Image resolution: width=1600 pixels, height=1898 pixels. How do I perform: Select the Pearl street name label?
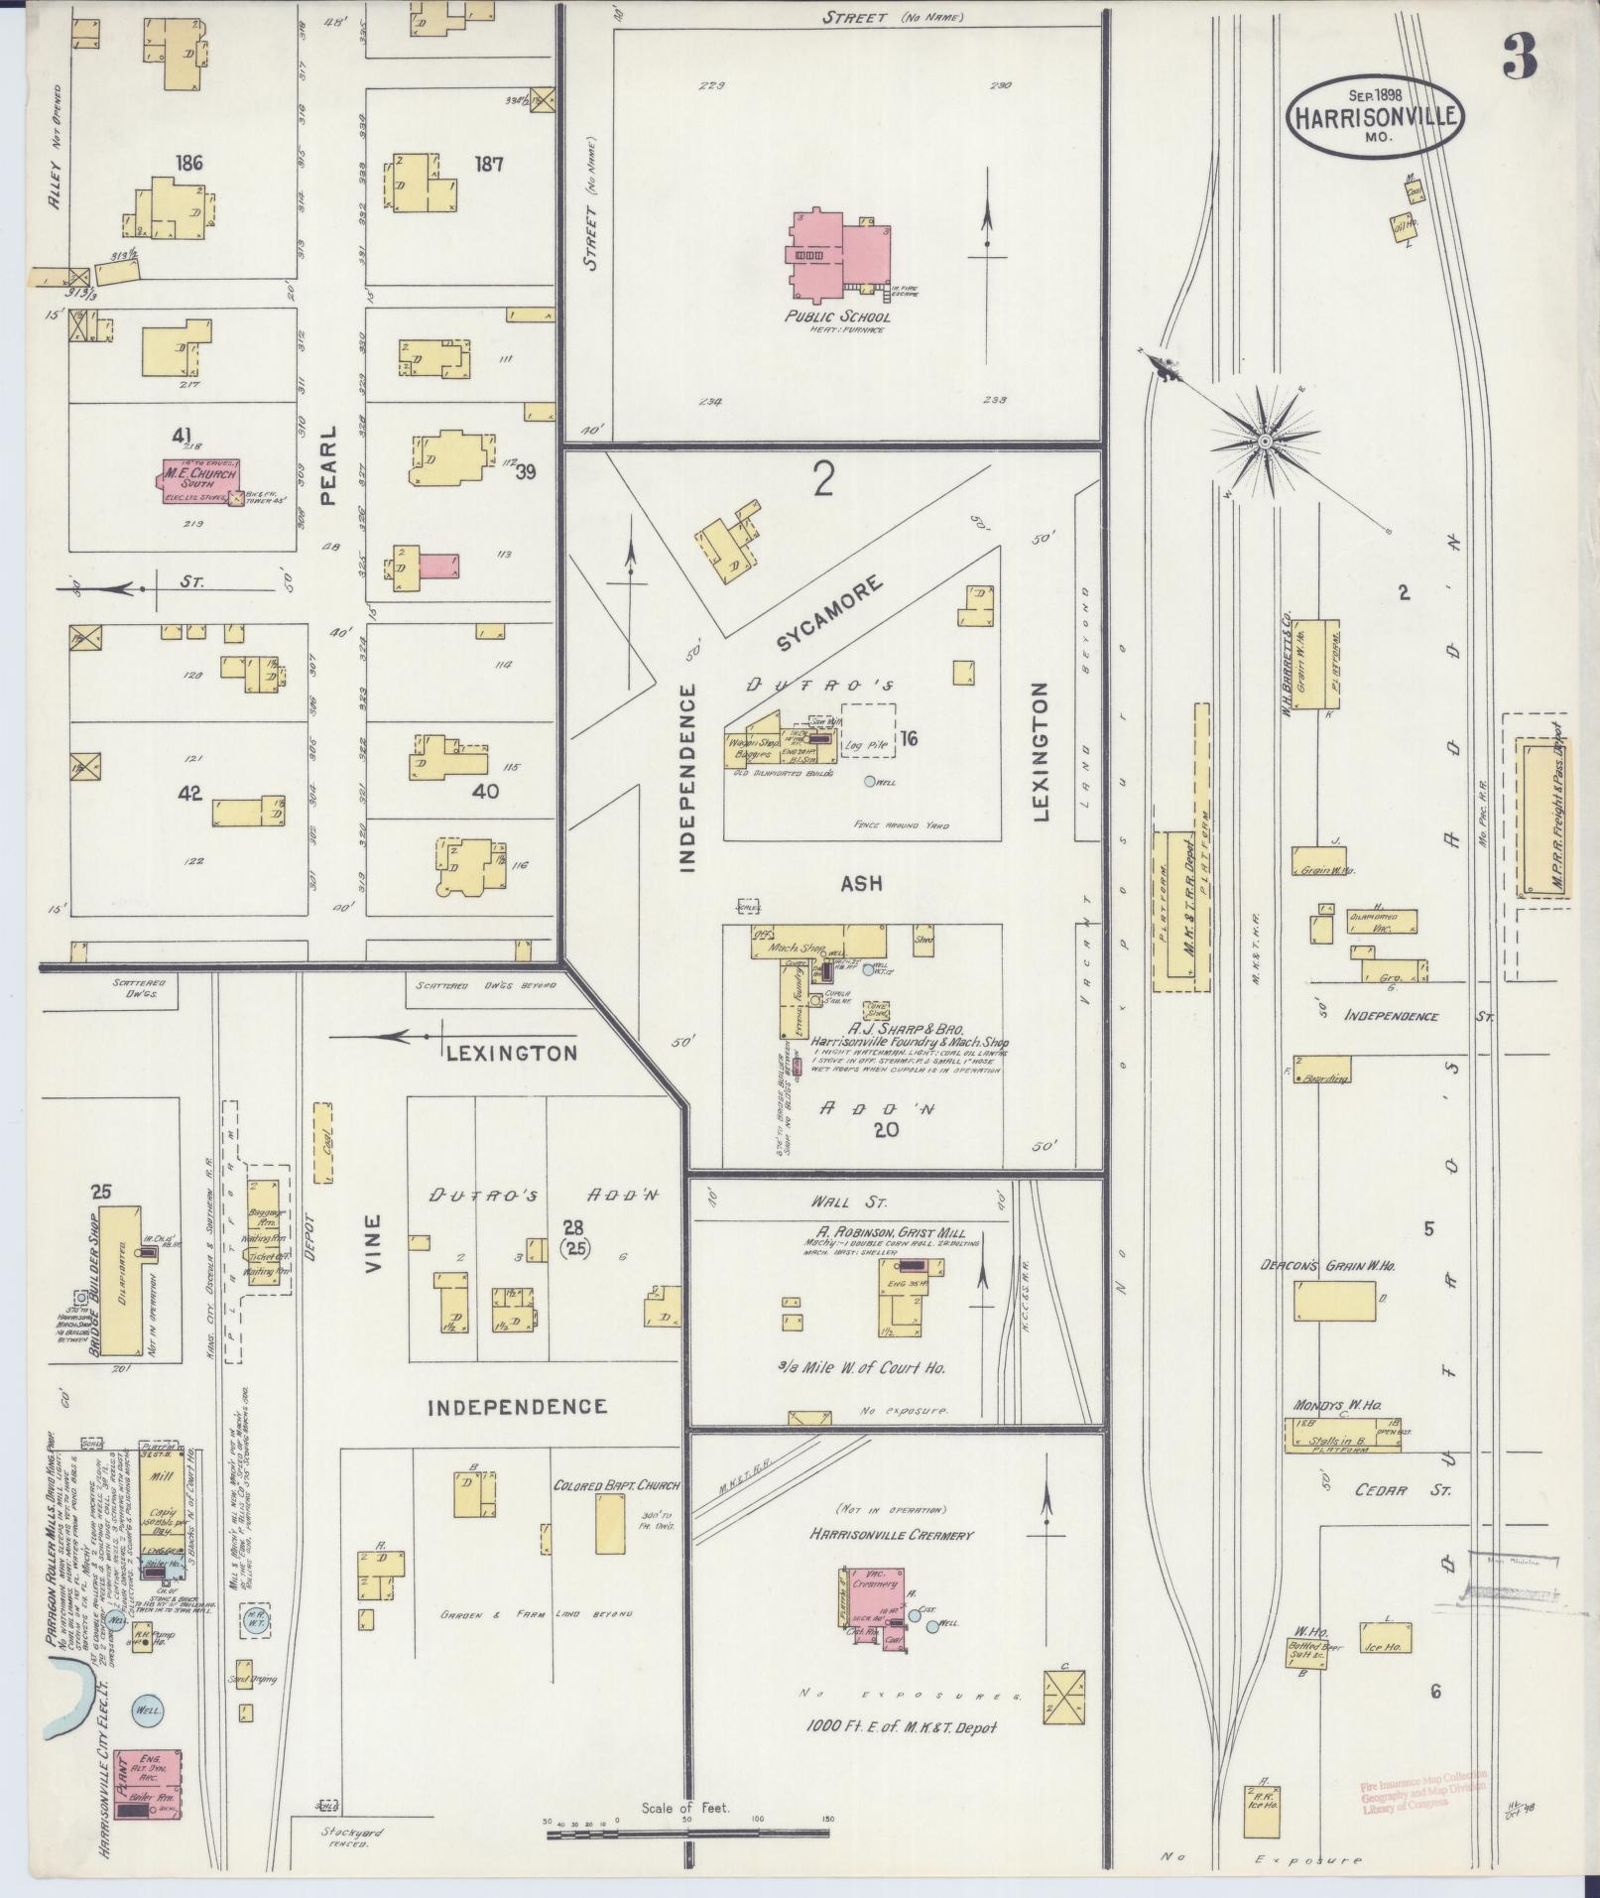[329, 466]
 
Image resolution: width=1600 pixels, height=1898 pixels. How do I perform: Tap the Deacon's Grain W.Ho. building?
[1334, 1300]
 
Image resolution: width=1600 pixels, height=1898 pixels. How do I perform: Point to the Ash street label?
[862, 883]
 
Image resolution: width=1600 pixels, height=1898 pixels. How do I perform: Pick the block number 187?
[487, 164]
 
